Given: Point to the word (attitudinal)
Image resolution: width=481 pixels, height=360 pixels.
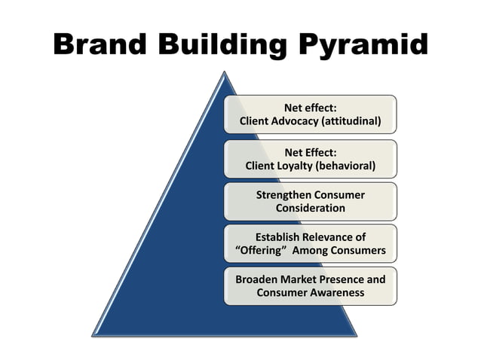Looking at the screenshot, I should [x=358, y=121].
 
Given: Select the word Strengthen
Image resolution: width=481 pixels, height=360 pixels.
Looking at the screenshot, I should [x=285, y=194].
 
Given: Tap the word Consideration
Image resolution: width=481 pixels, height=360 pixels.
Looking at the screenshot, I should [x=310, y=208].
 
